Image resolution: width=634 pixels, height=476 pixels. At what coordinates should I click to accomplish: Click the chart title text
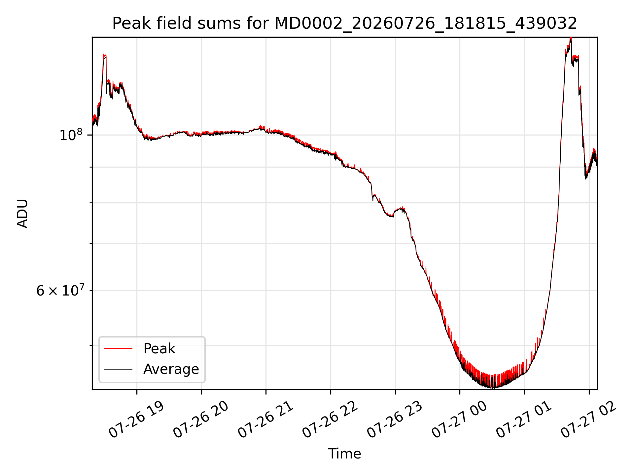click(344, 23)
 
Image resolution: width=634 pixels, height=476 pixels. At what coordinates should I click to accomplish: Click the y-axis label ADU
click(22, 214)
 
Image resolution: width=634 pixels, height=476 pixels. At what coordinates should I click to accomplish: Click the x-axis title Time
click(344, 454)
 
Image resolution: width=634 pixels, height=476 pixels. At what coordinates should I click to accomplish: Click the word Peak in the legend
click(159, 349)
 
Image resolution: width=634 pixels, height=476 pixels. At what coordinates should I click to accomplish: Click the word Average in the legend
click(171, 369)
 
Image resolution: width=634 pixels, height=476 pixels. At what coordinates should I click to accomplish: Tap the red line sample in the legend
click(118, 348)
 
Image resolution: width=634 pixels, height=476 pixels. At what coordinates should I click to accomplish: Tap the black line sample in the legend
click(118, 369)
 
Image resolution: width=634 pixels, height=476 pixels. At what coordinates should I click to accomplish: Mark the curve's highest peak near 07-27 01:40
click(571, 38)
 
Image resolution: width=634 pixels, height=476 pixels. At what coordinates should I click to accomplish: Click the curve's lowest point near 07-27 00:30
click(492, 388)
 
